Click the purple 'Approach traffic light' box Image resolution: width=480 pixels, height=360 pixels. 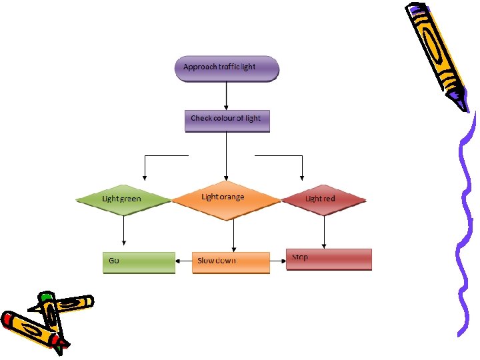227,68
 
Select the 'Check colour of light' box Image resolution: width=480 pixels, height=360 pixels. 227,119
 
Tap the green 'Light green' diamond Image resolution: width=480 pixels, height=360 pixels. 122,199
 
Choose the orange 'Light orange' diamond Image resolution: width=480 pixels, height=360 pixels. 226,199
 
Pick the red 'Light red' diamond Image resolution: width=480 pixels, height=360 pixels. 323,199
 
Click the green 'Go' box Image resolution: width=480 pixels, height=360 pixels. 139,261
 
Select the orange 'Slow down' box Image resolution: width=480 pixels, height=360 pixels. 231,261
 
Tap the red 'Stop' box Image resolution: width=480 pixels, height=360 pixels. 329,259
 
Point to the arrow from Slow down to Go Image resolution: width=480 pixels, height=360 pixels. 184,261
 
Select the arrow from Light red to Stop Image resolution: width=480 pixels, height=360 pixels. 324,231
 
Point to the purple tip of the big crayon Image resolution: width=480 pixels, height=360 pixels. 458,101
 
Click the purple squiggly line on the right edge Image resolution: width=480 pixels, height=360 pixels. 465,227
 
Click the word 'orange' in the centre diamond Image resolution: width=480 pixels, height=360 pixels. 233,197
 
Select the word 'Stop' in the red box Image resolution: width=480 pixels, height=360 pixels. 300,257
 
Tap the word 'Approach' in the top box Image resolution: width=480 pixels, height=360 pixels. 199,67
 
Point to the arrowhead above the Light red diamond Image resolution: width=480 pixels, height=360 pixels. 302,177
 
